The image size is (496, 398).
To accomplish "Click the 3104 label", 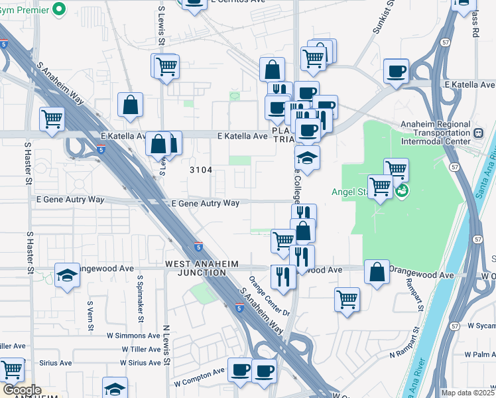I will [200, 170].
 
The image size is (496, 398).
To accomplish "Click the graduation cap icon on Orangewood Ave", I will [67, 275].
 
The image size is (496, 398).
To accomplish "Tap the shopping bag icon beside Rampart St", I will [377, 272].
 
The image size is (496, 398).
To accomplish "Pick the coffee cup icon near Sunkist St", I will [396, 71].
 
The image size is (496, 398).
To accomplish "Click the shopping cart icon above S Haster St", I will [52, 119].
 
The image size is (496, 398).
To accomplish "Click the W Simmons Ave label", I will [135, 336].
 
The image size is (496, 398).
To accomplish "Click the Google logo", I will [21, 390].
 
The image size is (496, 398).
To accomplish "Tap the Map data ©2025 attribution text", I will [468, 393].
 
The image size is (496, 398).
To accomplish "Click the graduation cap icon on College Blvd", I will [307, 159].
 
